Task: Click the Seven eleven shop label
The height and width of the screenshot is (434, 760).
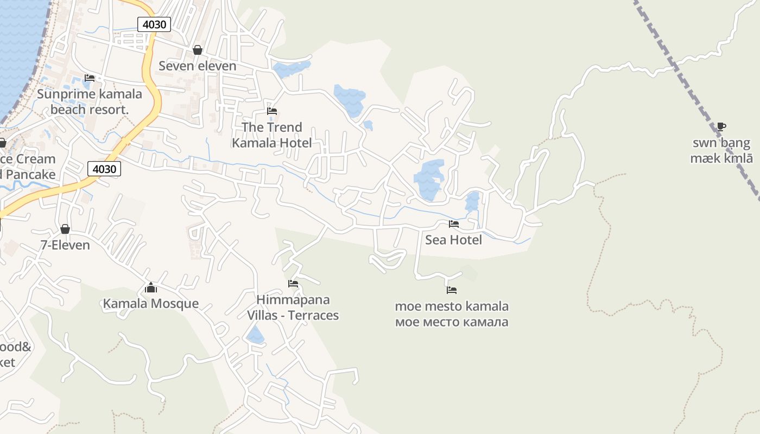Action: pos(198,66)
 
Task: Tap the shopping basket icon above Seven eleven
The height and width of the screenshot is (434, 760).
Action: pos(198,50)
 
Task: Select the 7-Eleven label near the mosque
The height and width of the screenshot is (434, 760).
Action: pos(65,245)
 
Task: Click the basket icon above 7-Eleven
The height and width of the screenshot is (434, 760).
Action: pos(65,229)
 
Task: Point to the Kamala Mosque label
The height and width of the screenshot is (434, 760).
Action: pos(151,303)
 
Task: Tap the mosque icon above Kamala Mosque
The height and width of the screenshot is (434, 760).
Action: pos(151,288)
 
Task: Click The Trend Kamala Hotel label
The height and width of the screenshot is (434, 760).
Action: pos(272,135)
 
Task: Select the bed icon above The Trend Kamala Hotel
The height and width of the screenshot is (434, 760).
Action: pos(272,111)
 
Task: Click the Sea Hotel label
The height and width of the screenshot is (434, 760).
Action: pos(453,240)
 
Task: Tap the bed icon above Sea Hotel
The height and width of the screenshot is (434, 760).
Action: pos(453,224)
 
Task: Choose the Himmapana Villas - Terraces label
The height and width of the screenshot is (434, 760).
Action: pos(293,308)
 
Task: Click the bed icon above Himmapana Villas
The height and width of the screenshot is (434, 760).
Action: pos(293,284)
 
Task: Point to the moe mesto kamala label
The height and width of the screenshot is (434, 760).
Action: pos(452,314)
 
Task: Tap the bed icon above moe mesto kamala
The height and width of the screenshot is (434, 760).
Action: pos(452,290)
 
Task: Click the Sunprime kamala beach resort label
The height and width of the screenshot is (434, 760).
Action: pos(90,101)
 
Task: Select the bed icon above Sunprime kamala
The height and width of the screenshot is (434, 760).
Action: pos(90,78)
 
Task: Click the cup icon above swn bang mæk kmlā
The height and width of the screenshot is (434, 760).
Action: pos(721,127)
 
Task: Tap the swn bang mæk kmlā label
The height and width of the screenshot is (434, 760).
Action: pos(721,151)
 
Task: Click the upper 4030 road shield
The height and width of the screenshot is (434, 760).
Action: pos(154,24)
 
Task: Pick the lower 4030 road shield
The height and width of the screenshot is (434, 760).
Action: pos(104,169)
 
